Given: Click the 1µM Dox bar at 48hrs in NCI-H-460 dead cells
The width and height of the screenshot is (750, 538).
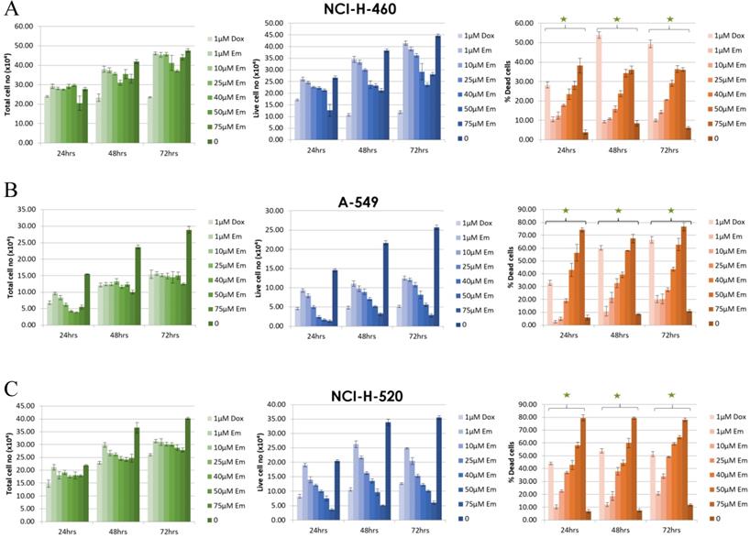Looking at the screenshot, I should point(598,87).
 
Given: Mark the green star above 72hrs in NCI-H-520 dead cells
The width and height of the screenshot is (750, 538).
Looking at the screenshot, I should point(671,395).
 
